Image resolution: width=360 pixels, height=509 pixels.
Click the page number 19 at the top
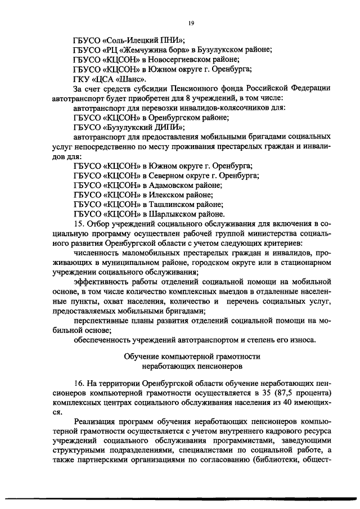(191, 22)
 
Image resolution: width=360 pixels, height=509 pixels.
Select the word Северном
(172, 175)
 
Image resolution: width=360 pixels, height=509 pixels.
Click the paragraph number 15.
(79, 225)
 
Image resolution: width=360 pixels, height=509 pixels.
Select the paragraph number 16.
(79, 382)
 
